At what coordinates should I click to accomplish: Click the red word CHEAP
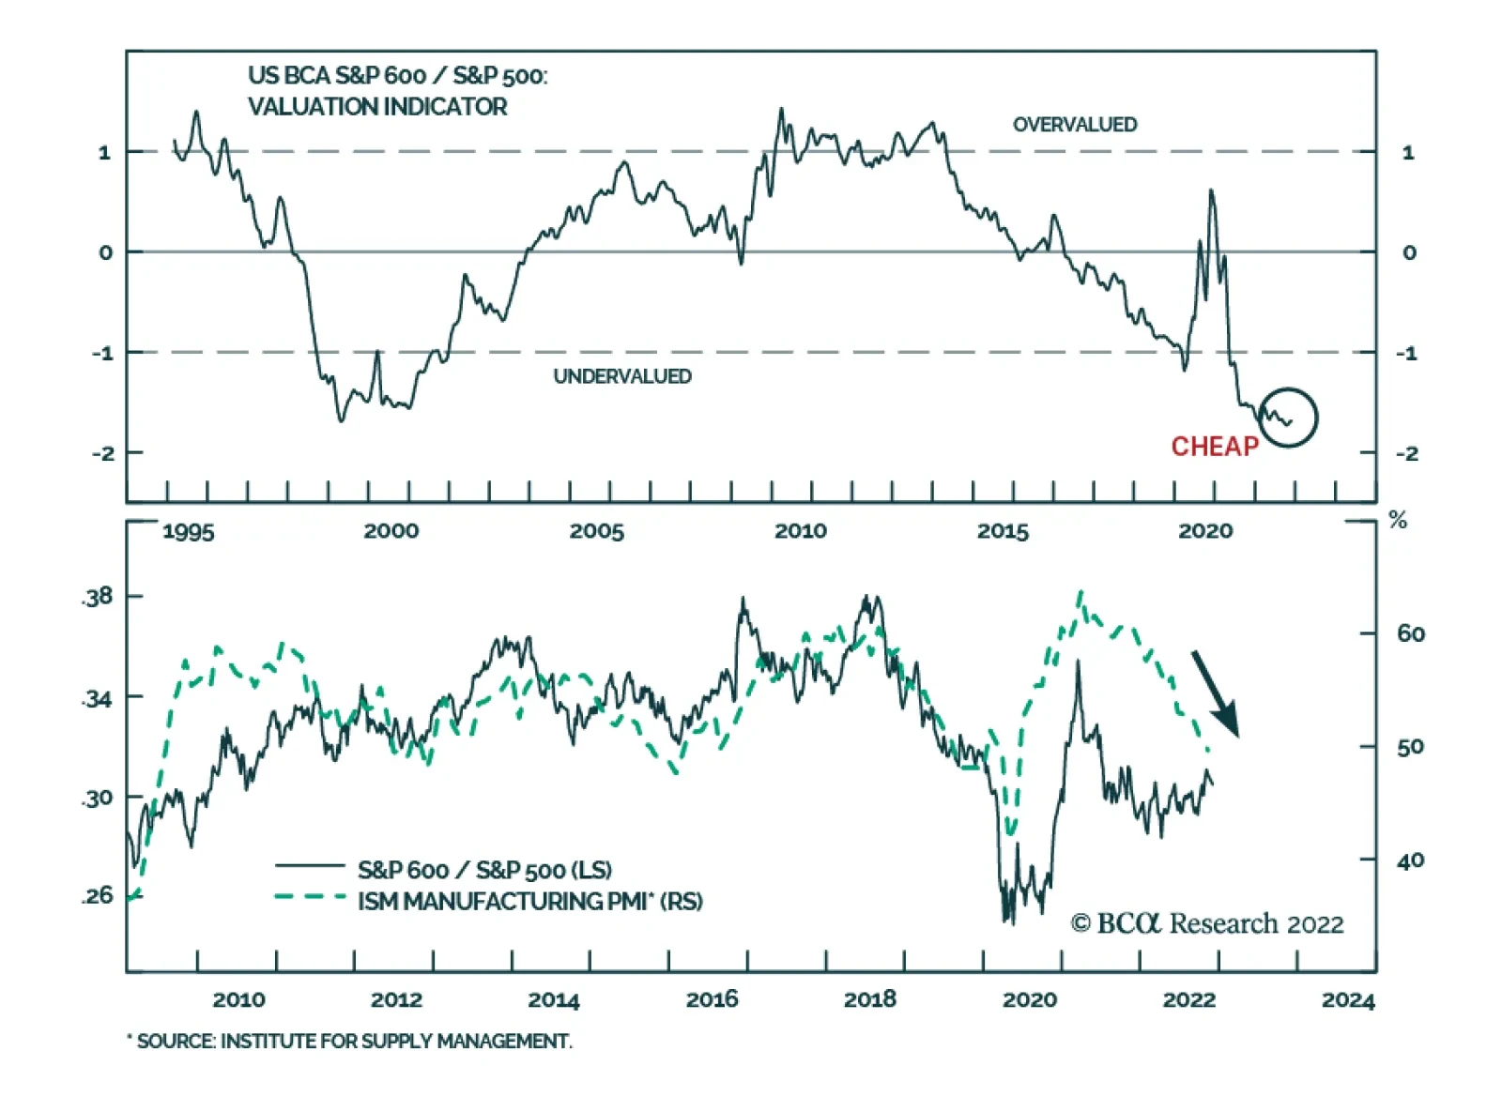pyautogui.click(x=1214, y=447)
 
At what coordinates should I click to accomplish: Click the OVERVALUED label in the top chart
pyautogui.click(x=1074, y=125)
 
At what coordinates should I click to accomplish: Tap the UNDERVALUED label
pyautogui.click(x=621, y=376)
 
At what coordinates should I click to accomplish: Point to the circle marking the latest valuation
pyautogui.click(x=1288, y=418)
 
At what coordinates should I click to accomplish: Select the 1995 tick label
pyautogui.click(x=188, y=532)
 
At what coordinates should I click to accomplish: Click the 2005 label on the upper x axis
pyautogui.click(x=596, y=532)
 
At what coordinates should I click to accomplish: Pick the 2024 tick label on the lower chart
pyautogui.click(x=1347, y=1000)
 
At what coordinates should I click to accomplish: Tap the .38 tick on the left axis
pyautogui.click(x=97, y=597)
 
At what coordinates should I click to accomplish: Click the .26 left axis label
pyautogui.click(x=97, y=896)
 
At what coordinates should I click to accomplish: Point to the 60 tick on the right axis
pyautogui.click(x=1410, y=634)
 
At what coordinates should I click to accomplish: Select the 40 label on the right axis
pyautogui.click(x=1410, y=860)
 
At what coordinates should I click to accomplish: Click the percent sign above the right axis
pyautogui.click(x=1398, y=521)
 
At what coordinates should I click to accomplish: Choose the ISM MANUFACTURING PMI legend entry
pyautogui.click(x=529, y=902)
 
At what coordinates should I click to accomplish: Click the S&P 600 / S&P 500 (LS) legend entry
pyautogui.click(x=484, y=870)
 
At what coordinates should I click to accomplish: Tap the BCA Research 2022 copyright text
pyautogui.click(x=1207, y=924)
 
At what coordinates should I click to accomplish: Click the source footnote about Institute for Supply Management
pyautogui.click(x=349, y=1042)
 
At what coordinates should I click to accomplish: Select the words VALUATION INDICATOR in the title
pyautogui.click(x=377, y=107)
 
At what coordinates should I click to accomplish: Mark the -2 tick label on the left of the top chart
pyautogui.click(x=103, y=453)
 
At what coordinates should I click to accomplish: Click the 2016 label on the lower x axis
pyautogui.click(x=712, y=1000)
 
